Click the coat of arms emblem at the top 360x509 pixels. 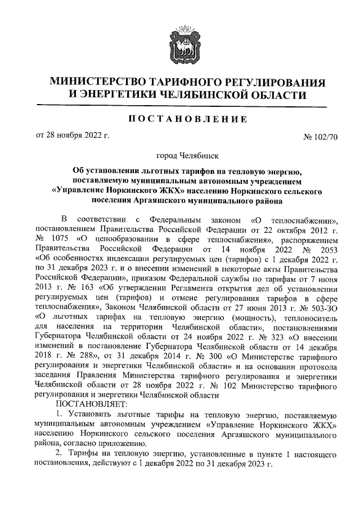(180, 42)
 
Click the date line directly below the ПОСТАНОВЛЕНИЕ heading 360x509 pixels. (73, 135)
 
